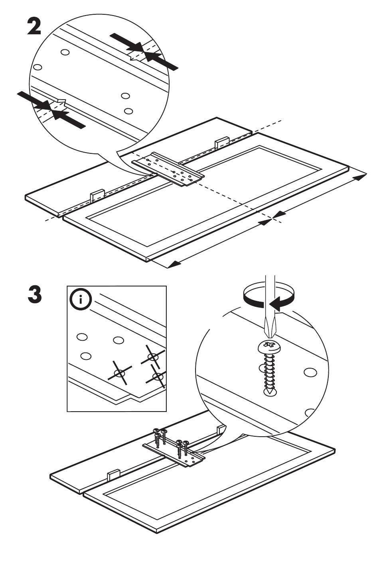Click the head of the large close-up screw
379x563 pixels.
coord(271,347)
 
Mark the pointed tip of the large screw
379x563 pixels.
coord(270,393)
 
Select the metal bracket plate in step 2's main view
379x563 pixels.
coord(168,169)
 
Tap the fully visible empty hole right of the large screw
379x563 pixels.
coord(309,373)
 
